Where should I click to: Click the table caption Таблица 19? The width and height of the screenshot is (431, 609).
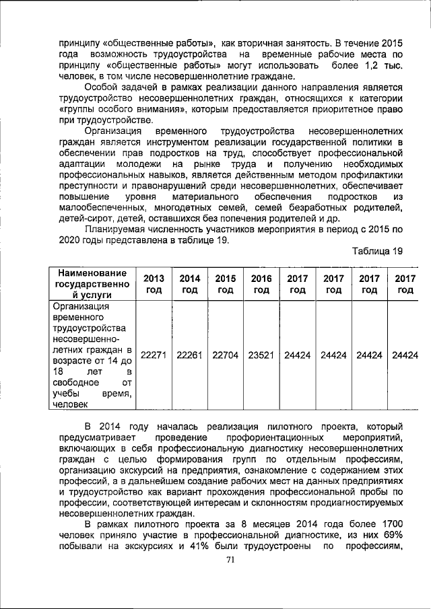377,251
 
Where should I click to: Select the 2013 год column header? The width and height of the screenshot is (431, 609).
154,285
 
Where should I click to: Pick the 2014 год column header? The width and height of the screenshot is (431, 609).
189,285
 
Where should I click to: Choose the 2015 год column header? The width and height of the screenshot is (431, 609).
225,285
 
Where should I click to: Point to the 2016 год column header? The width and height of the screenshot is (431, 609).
261,285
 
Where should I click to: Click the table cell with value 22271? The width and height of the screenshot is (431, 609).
154,355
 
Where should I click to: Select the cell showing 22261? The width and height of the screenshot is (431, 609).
189,355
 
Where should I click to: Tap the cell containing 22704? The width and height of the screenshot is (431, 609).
225,355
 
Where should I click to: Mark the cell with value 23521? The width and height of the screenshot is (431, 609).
261,355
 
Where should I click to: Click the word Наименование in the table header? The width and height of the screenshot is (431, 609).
92,273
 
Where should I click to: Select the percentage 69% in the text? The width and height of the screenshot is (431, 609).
391,534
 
